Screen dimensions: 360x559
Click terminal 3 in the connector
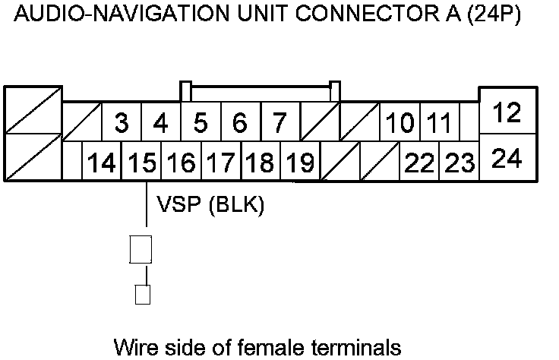click(x=121, y=122)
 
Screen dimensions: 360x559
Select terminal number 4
click(x=160, y=122)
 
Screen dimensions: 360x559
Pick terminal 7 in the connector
click(x=279, y=122)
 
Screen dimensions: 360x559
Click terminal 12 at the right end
click(x=506, y=113)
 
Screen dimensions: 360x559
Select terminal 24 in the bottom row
click(x=506, y=159)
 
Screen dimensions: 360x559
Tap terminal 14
click(x=102, y=162)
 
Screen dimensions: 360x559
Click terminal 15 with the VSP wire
click(x=141, y=162)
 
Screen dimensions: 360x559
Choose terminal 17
click(x=220, y=162)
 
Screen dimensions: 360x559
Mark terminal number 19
click(x=300, y=162)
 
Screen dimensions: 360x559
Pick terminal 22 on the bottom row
click(x=419, y=162)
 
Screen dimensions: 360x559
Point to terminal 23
click(x=459, y=162)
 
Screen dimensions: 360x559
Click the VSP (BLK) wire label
click(x=210, y=205)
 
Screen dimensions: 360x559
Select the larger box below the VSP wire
click(x=142, y=248)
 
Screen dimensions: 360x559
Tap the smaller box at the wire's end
click(x=142, y=294)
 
